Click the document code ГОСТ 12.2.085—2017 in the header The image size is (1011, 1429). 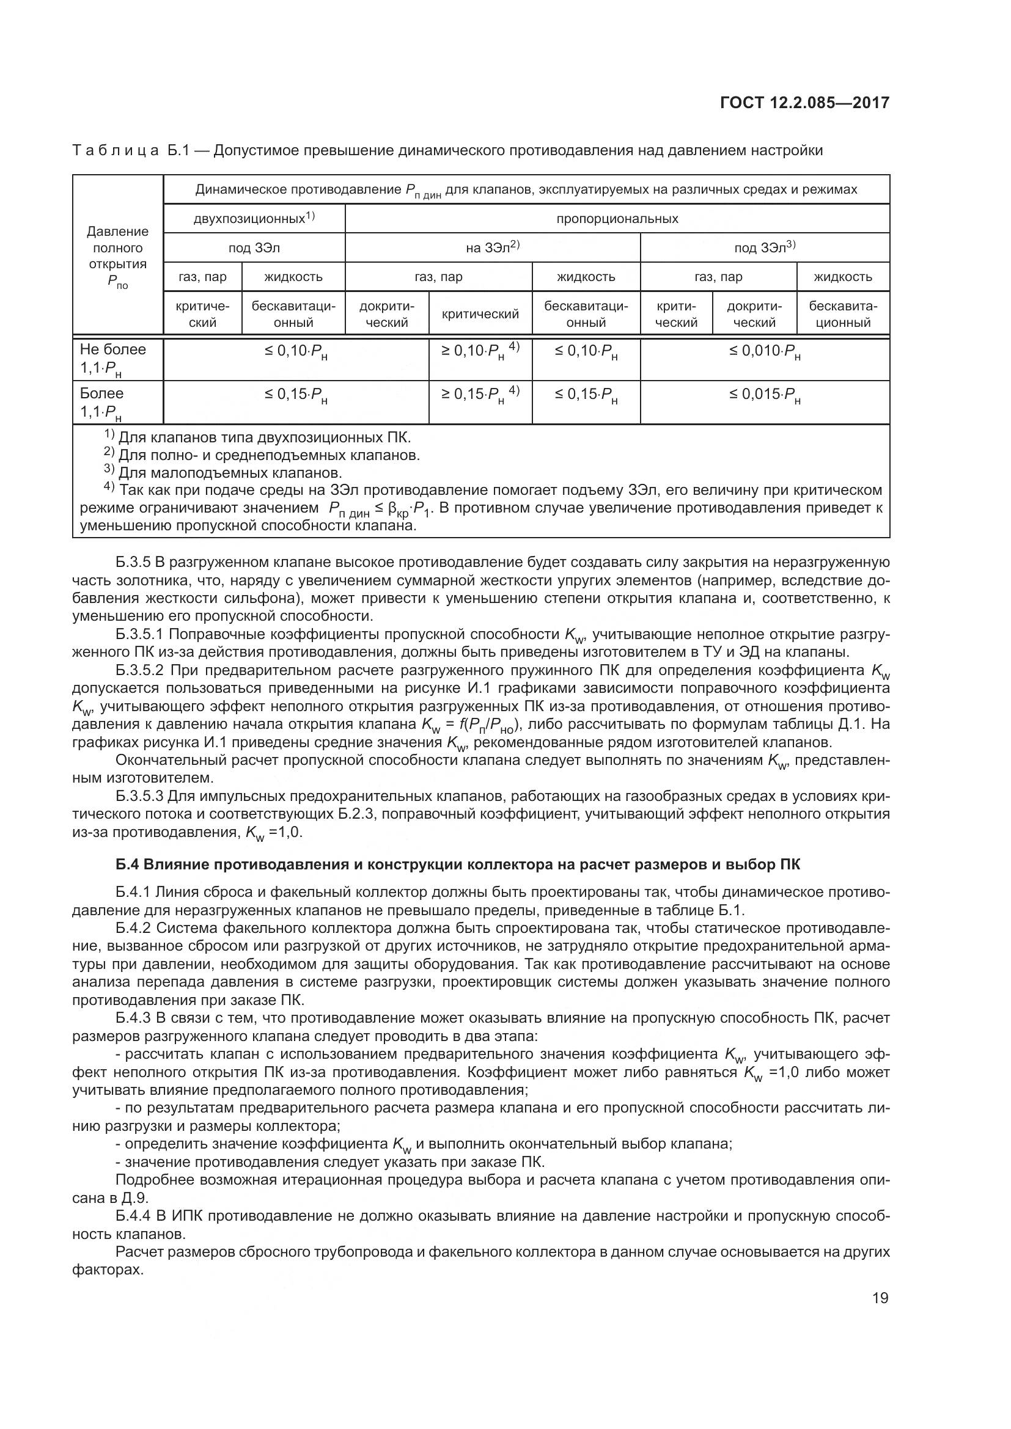804,103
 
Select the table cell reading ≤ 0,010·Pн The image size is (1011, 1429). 765,353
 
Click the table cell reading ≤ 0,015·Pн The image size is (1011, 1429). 765,397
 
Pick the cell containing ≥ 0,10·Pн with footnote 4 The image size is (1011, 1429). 480,352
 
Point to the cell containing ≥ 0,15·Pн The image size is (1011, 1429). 480,395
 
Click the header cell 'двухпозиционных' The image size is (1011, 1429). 254,219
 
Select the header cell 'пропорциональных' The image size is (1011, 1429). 617,219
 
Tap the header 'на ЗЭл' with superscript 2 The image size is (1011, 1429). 493,247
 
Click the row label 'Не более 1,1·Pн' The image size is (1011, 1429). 112,359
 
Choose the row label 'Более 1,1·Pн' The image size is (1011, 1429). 103,403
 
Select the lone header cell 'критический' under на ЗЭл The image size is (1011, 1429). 480,314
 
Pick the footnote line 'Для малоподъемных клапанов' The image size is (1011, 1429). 230,472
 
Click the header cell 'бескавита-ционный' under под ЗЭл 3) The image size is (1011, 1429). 843,314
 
